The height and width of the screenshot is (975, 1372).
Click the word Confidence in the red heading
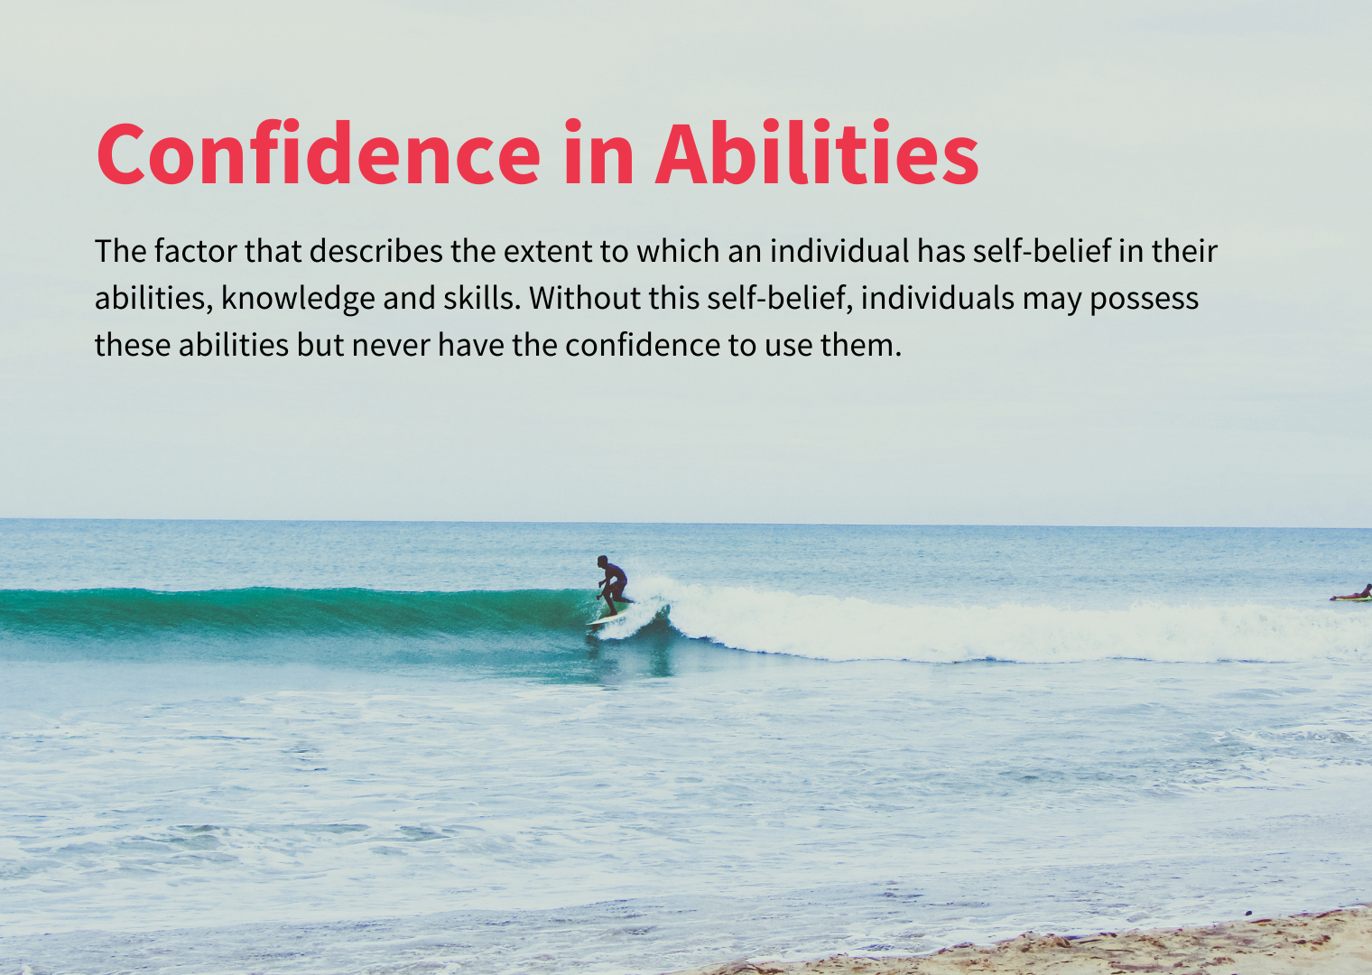[318, 154]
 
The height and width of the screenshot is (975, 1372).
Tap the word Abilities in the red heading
[817, 154]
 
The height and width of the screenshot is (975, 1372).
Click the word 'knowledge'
[298, 299]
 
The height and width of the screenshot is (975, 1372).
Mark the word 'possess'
[1144, 299]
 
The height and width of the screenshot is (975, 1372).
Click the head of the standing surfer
[602, 562]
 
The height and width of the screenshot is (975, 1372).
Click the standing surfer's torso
[615, 576]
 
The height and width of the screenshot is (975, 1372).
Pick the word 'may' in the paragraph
[1052, 299]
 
